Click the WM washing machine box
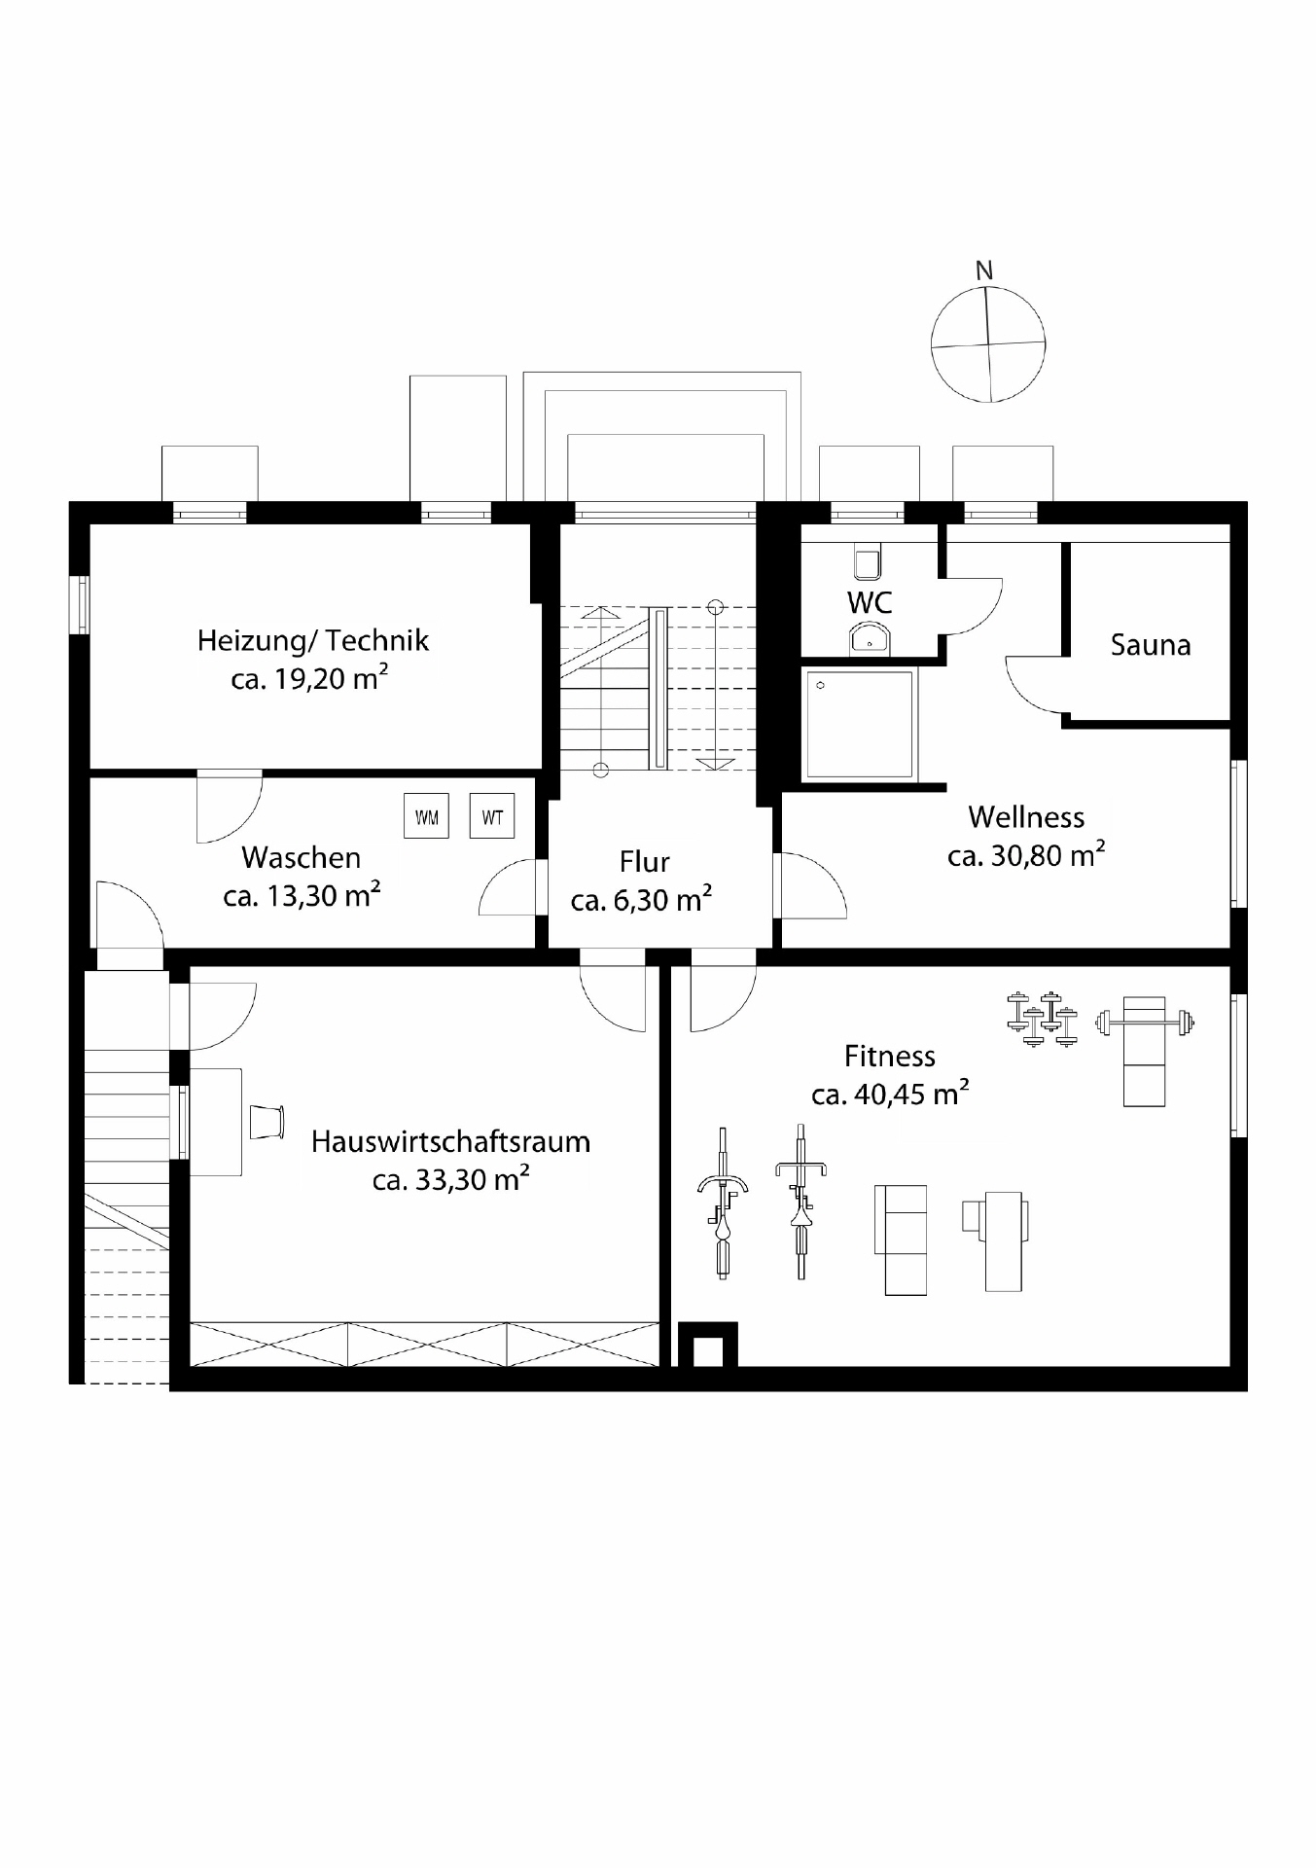point(426,816)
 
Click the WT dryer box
point(492,816)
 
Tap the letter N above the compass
point(984,271)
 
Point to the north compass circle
point(988,343)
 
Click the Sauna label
point(1151,645)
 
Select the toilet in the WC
point(867,563)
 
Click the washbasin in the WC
point(869,638)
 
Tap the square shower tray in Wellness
point(860,723)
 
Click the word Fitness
point(889,1057)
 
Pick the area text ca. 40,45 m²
point(889,1095)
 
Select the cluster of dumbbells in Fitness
point(1042,1019)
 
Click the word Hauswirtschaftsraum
point(450,1142)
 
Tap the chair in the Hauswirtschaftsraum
point(267,1121)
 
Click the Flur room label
point(644,863)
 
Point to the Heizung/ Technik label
point(312,641)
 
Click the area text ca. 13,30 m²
point(301,896)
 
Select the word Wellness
point(1025,817)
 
